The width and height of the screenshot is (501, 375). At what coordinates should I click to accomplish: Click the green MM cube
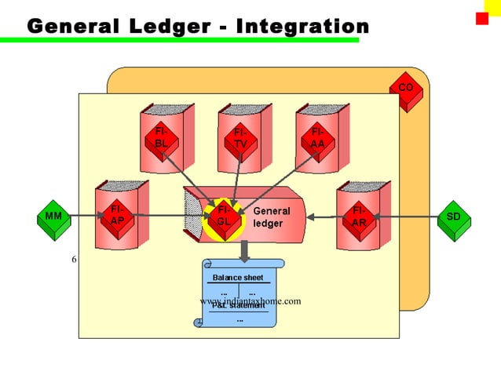pyautogui.click(x=53, y=217)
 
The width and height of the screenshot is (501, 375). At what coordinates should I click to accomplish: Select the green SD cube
pyautogui.click(x=452, y=217)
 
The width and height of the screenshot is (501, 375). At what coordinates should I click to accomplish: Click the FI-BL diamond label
pyautogui.click(x=161, y=138)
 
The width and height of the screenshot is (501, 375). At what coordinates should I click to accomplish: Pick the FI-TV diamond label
pyautogui.click(x=240, y=138)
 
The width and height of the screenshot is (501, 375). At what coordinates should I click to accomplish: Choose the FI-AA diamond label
pyautogui.click(x=317, y=138)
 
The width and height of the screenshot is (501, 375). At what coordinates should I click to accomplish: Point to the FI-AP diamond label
pyautogui.click(x=116, y=216)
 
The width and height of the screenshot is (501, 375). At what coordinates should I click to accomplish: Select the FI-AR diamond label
pyautogui.click(x=358, y=217)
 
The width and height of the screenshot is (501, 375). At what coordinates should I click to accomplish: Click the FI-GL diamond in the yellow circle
pyautogui.click(x=224, y=217)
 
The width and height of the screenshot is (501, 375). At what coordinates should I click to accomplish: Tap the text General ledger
pyautogui.click(x=272, y=217)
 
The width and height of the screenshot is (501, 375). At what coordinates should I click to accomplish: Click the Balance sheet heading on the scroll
pyautogui.click(x=238, y=278)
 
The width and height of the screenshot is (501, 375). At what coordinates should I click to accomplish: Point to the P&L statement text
pyautogui.click(x=239, y=306)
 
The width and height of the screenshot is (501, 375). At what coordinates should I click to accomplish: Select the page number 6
pyautogui.click(x=74, y=260)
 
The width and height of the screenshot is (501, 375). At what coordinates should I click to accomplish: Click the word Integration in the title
pyautogui.click(x=302, y=26)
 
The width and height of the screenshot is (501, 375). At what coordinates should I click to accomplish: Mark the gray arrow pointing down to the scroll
pyautogui.click(x=244, y=249)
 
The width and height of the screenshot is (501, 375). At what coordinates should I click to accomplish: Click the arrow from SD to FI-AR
pyautogui.click(x=408, y=217)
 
